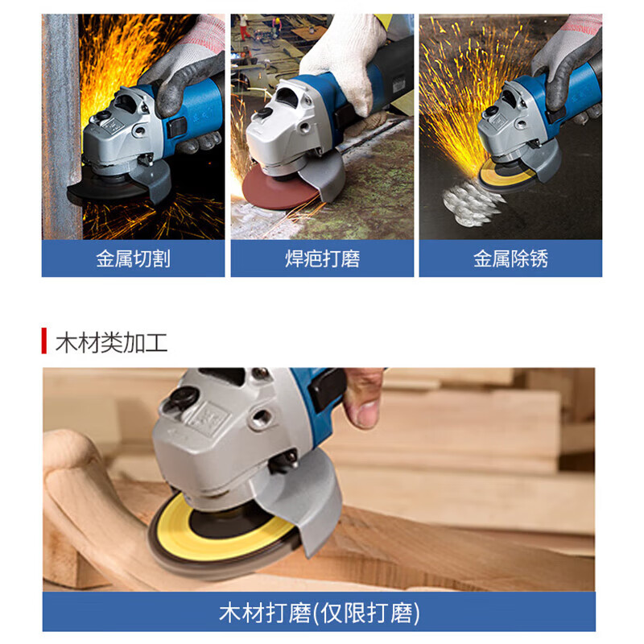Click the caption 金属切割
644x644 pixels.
point(133,259)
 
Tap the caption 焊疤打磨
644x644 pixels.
point(322,259)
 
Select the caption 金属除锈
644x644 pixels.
point(510,259)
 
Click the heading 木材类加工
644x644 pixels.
point(111,341)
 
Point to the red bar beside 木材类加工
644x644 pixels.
point(44,341)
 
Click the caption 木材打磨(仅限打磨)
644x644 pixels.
point(319,613)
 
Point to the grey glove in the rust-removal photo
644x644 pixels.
point(568,56)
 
